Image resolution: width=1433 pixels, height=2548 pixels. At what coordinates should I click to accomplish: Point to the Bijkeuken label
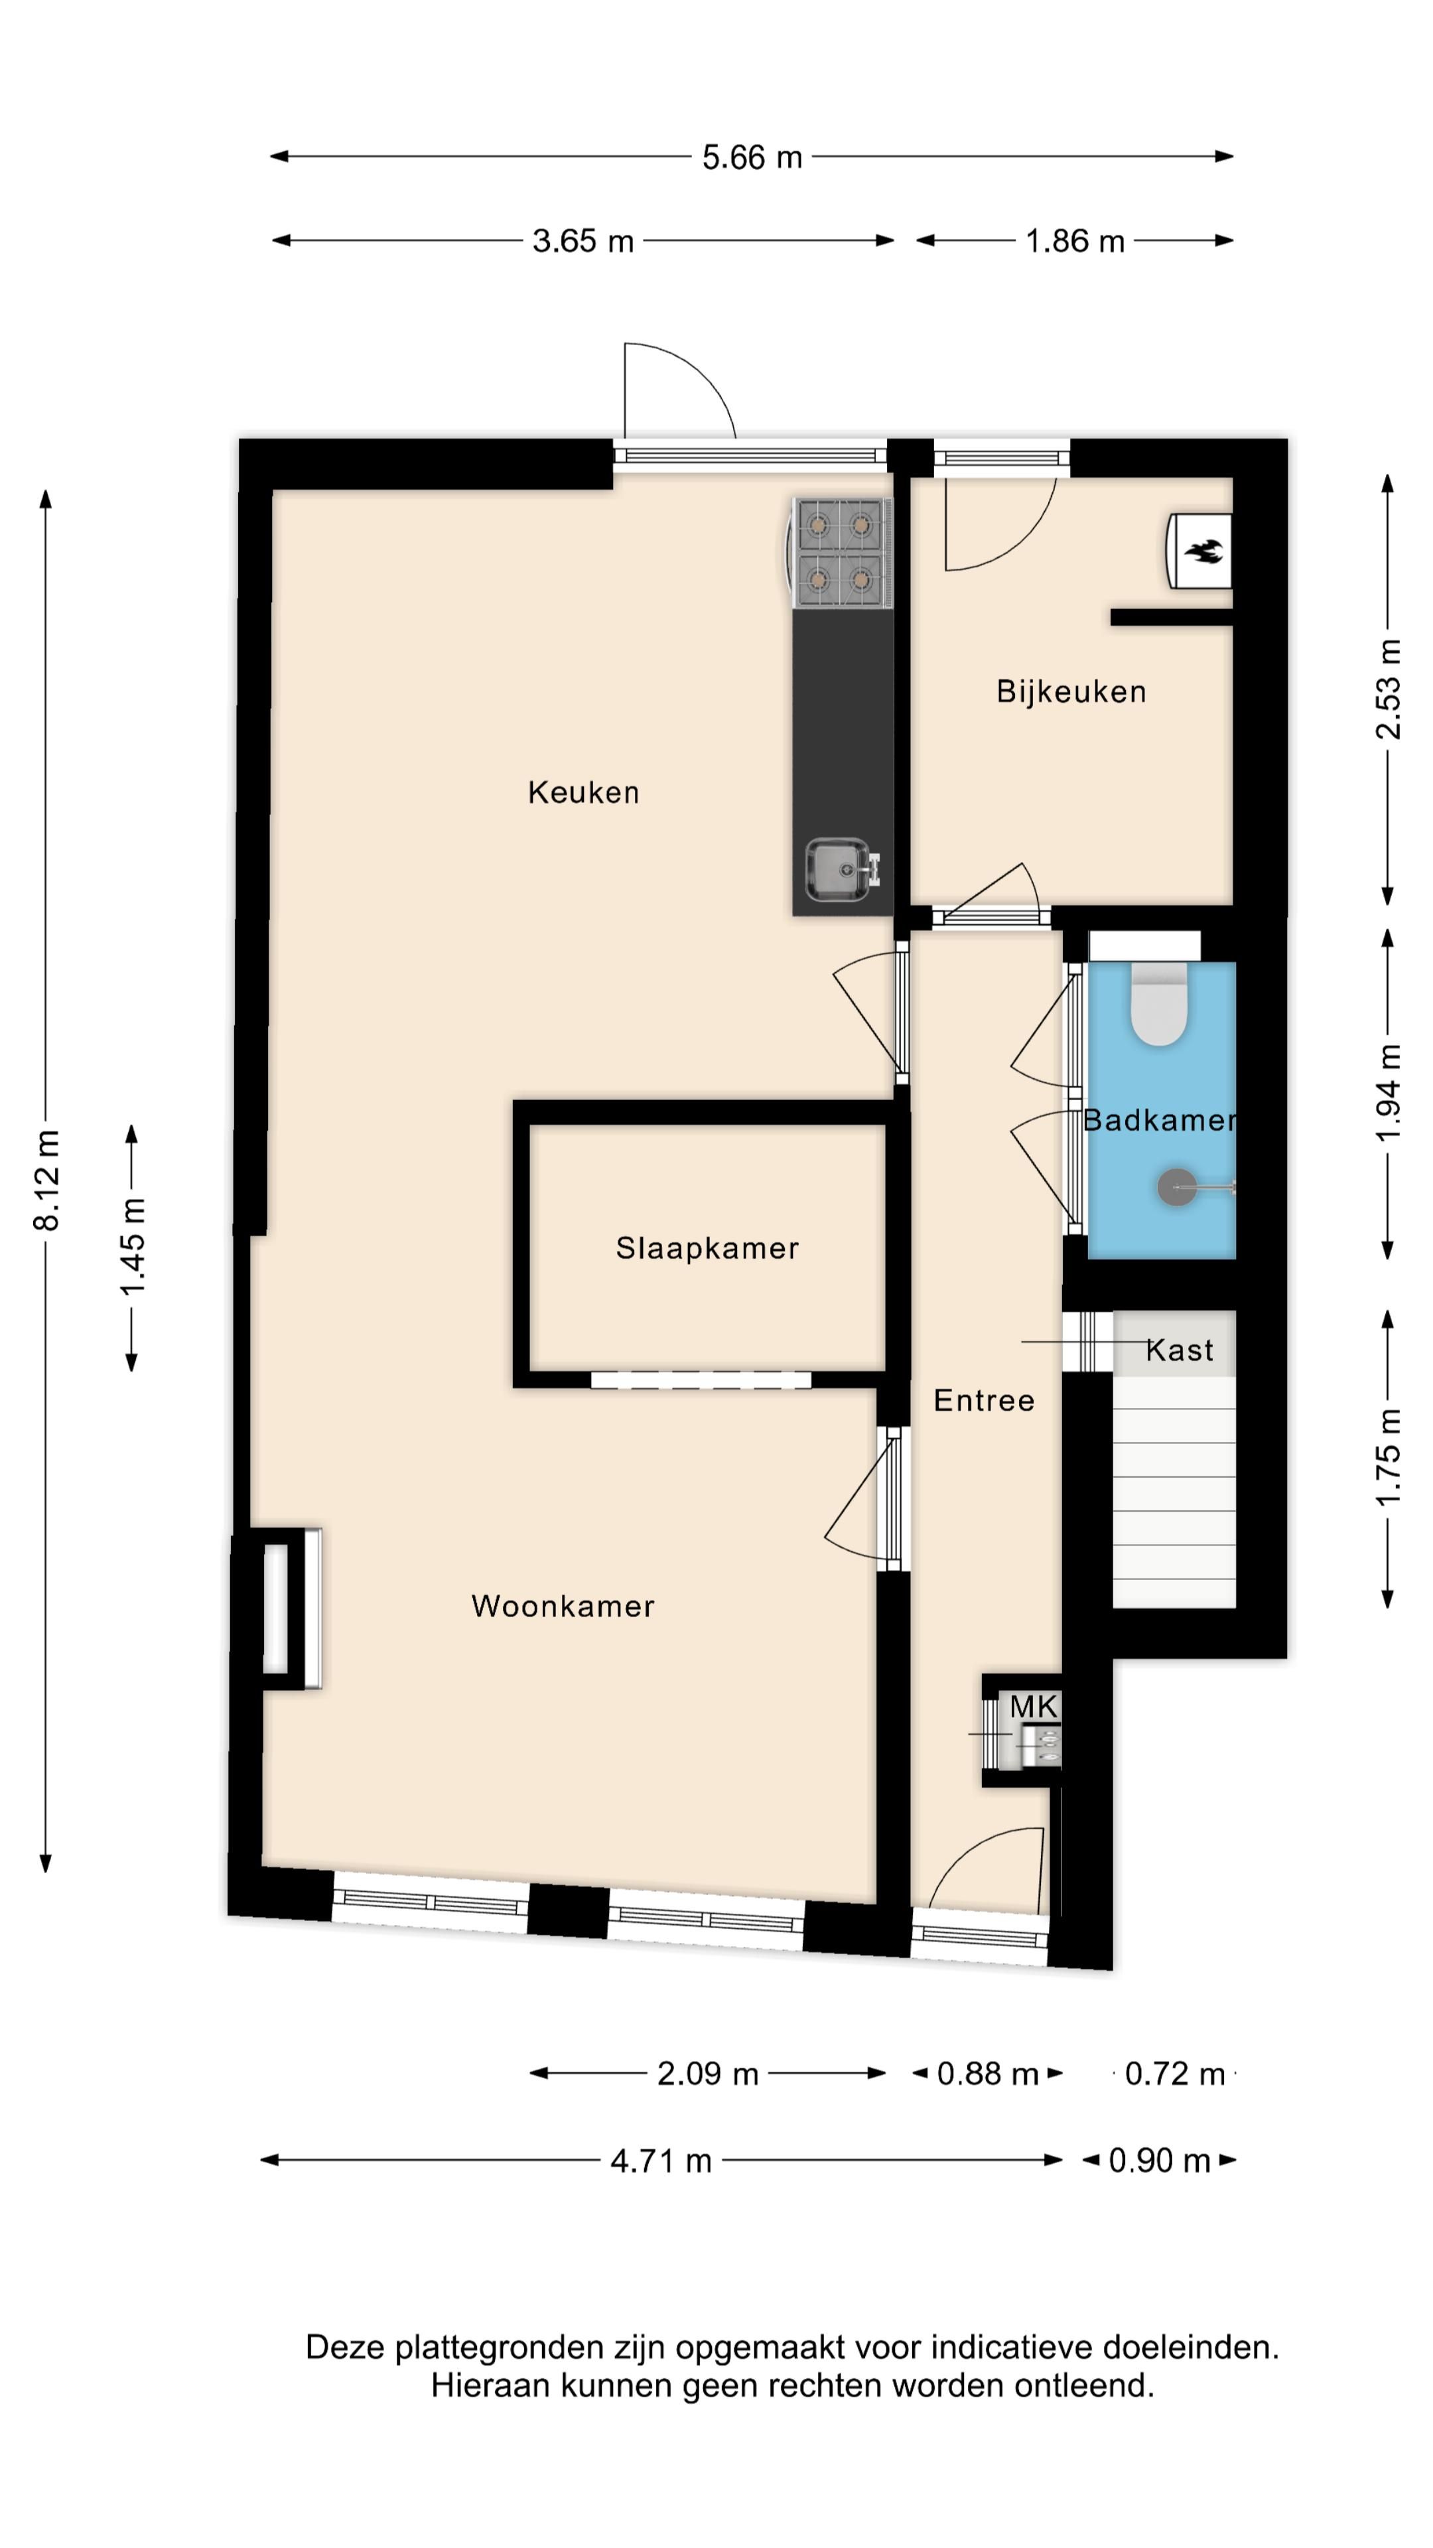(1070, 691)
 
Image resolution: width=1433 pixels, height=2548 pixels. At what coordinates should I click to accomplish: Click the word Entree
(983, 1401)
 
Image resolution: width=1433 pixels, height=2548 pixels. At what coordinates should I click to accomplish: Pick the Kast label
(1179, 1350)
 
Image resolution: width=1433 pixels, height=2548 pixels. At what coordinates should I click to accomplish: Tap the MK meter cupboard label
(1034, 1706)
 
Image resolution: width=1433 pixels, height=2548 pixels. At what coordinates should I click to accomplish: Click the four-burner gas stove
(840, 552)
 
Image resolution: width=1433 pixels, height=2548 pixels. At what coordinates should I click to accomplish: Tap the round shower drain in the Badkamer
(1176, 1187)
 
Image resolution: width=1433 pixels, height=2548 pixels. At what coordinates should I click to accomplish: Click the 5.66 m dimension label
(752, 157)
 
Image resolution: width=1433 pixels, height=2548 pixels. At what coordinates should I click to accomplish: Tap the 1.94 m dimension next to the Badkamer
(1389, 1092)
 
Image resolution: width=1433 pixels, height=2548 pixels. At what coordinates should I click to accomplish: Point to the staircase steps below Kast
(1173, 1494)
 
